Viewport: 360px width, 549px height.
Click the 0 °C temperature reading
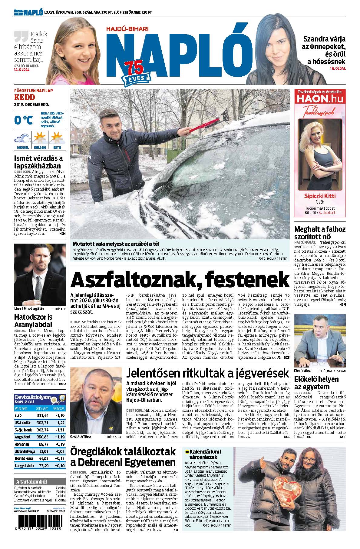(x=23, y=120)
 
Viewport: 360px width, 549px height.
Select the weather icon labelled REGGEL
(x=22, y=139)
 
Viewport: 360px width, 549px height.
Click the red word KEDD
(x=25, y=97)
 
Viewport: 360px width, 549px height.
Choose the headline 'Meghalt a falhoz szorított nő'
(x=320, y=233)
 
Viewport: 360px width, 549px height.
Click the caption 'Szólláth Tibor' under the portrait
(x=81, y=437)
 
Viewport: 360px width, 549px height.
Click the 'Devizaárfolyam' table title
(x=32, y=397)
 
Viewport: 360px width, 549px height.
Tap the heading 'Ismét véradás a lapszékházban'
(x=38, y=162)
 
